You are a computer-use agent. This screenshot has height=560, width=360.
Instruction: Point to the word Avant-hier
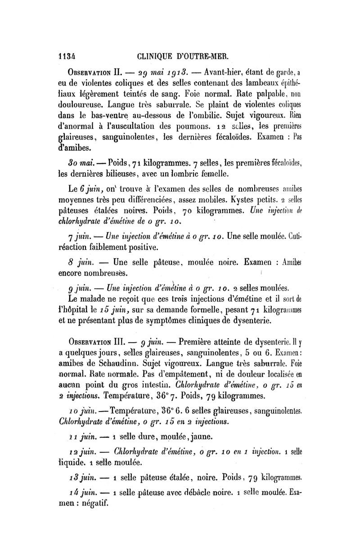pos(224,74)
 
